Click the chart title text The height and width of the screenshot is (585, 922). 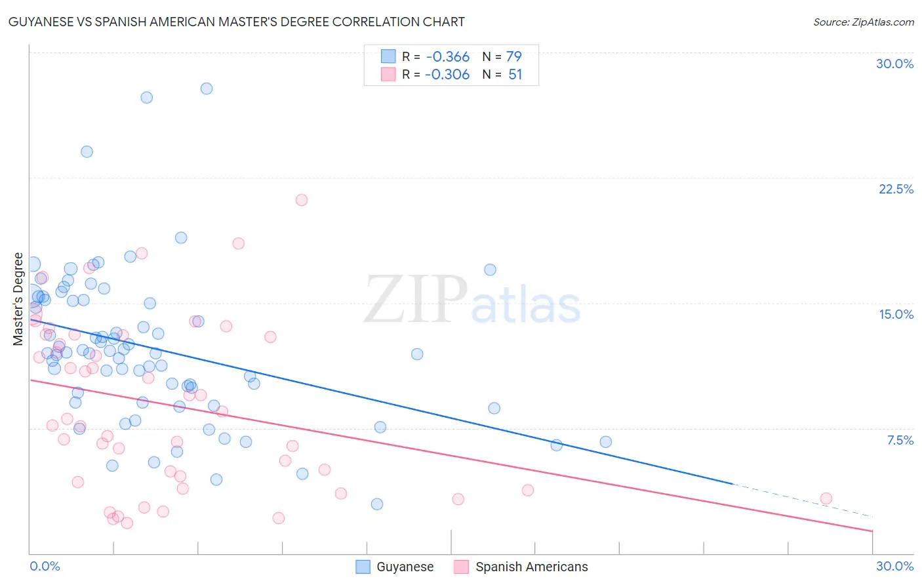(x=237, y=22)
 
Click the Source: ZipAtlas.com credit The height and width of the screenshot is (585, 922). (x=863, y=22)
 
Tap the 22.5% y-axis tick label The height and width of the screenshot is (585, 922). (x=896, y=189)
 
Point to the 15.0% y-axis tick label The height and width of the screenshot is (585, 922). (x=896, y=314)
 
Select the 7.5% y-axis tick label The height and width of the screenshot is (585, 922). (x=900, y=440)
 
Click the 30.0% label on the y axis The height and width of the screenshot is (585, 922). (x=894, y=64)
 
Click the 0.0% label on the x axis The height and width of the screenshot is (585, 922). (x=45, y=566)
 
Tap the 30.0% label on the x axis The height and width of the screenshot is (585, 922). (x=894, y=566)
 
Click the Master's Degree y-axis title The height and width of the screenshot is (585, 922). (x=18, y=299)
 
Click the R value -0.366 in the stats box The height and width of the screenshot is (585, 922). (x=447, y=57)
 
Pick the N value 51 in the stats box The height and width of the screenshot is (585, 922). (x=515, y=75)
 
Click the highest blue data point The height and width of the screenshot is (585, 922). (x=207, y=89)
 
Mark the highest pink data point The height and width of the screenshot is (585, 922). (x=302, y=200)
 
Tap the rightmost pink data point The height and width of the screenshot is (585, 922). (x=826, y=498)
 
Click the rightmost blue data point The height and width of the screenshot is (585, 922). (x=606, y=442)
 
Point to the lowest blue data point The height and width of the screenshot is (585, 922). (x=377, y=504)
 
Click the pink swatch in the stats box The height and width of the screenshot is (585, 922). (x=388, y=75)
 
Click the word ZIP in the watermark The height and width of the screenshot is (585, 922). (x=416, y=300)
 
